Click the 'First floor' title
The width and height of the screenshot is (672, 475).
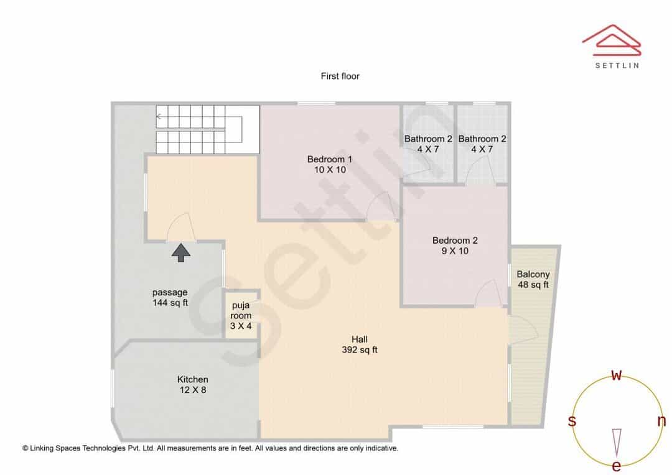pos(340,76)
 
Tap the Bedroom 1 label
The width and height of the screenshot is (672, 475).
pos(330,159)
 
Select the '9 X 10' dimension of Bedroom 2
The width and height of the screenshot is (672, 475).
pos(455,251)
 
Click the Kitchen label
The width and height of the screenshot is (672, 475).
pos(192,379)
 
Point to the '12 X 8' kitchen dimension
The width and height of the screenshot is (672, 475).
pos(192,390)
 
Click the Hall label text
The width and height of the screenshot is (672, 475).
pos(359,339)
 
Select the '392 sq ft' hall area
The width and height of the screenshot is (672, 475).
pos(359,350)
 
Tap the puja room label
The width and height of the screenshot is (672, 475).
pos(241,310)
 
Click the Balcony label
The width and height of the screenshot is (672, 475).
pos(533,275)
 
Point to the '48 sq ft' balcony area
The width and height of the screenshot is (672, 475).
pos(533,285)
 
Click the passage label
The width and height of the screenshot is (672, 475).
pos(170,293)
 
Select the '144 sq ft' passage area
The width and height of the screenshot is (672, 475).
pos(170,303)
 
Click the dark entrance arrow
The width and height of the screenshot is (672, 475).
pos(181,252)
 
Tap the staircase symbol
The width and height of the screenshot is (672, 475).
pos(207,129)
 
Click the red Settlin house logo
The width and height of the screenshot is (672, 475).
pos(612,40)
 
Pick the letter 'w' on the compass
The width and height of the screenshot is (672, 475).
pos(616,376)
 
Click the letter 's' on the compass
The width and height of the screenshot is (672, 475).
pos(572,421)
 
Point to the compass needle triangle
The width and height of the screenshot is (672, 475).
pos(617,443)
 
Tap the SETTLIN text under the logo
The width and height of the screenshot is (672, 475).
pos(617,65)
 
